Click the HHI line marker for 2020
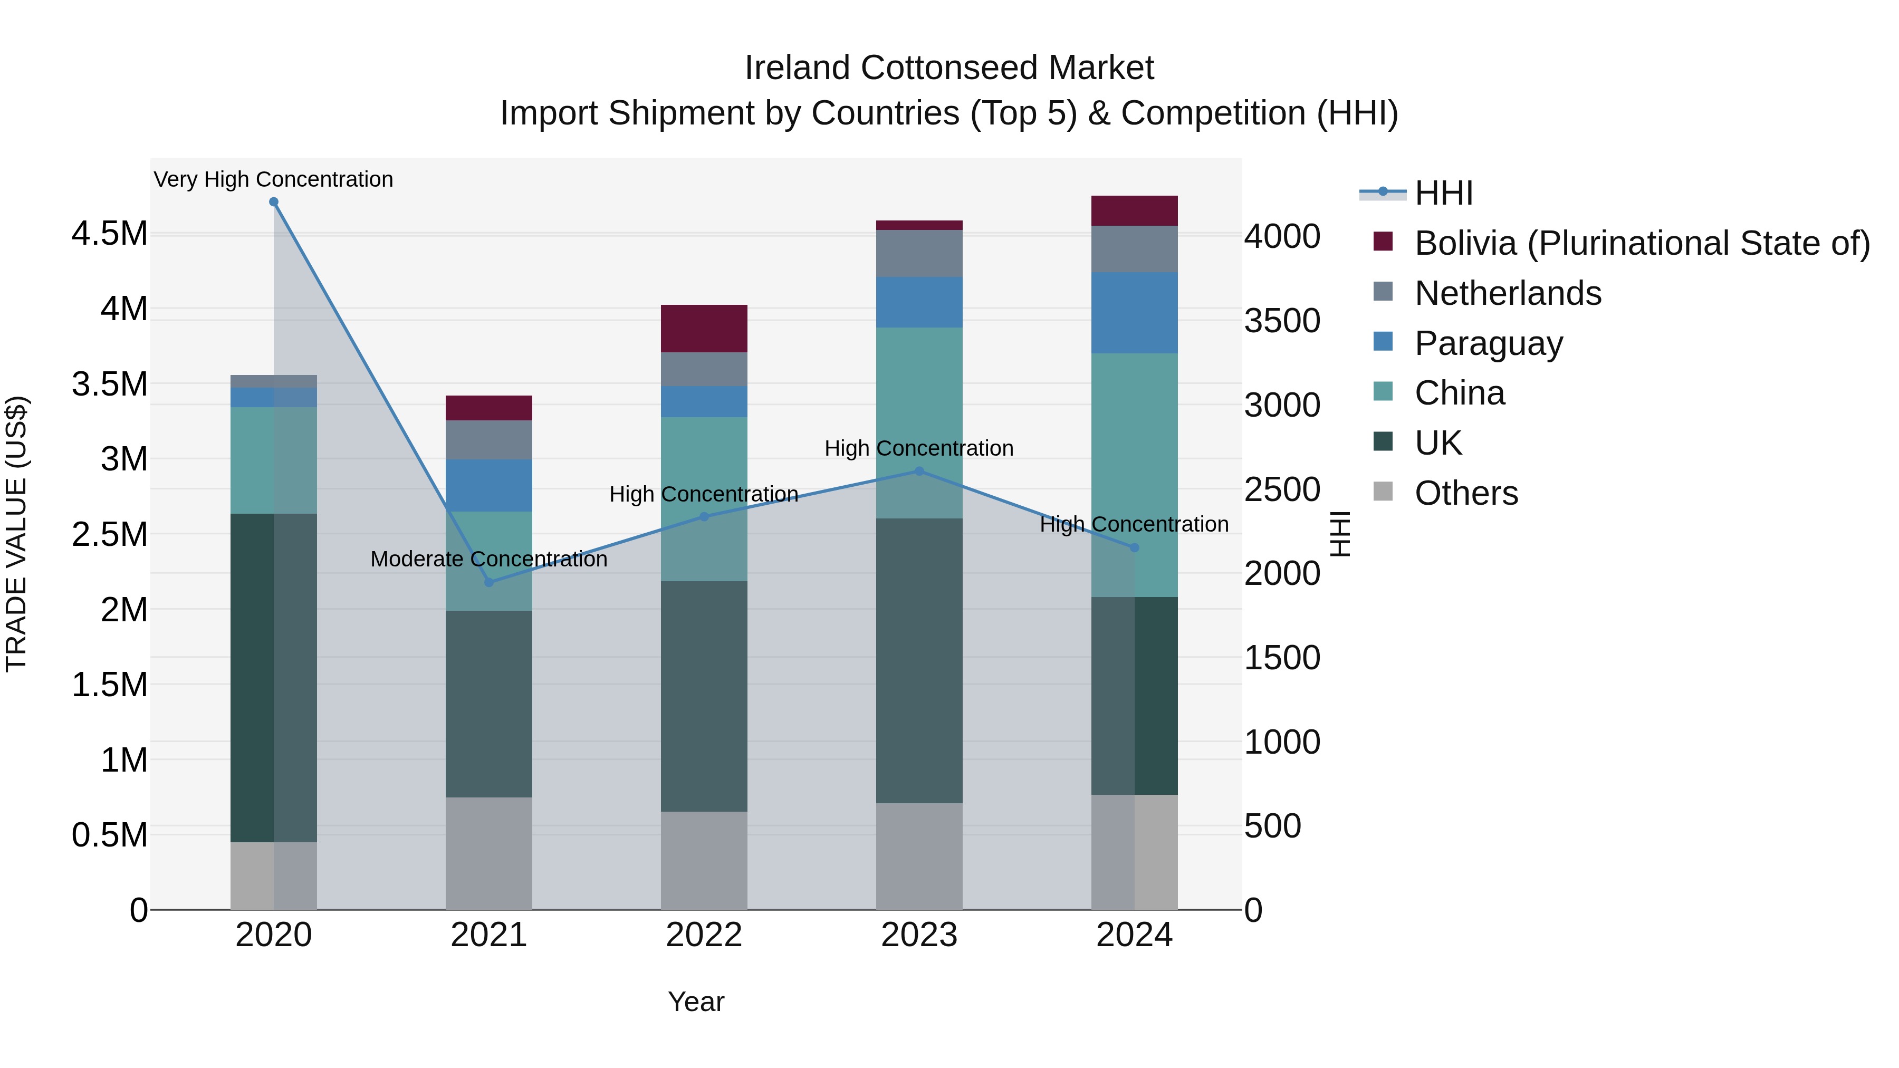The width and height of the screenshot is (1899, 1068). click(273, 202)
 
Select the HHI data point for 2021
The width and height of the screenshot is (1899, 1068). click(489, 582)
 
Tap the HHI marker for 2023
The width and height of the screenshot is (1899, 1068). click(918, 471)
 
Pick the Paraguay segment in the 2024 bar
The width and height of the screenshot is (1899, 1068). click(1134, 313)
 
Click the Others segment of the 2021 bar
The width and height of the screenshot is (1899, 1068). click(489, 853)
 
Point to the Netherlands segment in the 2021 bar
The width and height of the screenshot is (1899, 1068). click(489, 440)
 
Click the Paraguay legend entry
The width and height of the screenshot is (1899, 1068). click(1489, 343)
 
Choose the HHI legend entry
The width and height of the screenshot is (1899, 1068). click(1443, 193)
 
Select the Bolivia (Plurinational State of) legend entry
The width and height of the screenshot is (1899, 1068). click(1642, 243)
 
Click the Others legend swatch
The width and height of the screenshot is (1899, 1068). click(1383, 492)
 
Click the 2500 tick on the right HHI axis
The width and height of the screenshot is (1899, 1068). click(1282, 489)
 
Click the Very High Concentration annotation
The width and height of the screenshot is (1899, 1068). click(273, 179)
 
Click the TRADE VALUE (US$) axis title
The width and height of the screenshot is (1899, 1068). click(16, 534)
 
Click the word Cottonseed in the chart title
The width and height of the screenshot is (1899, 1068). click(949, 68)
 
